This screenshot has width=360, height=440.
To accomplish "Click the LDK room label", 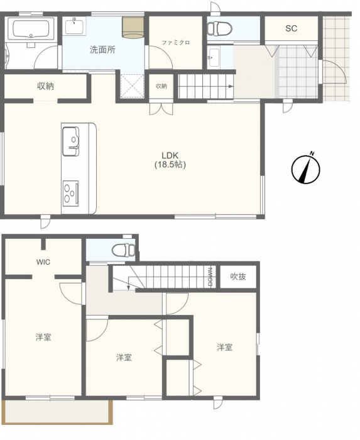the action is tap(170, 155).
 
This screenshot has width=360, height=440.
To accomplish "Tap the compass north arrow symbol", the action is tap(305, 169).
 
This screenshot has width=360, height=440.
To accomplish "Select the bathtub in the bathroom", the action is tap(31, 28).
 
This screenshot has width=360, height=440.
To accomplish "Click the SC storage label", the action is tap(291, 28).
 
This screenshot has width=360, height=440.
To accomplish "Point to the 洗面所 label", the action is tap(102, 50).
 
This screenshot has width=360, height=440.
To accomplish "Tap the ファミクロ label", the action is tap(176, 43).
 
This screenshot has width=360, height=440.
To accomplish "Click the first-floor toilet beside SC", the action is tap(219, 28).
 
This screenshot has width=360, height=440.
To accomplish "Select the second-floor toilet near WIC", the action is tap(124, 250).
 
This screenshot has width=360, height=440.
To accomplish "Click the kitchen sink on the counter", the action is tap(70, 141).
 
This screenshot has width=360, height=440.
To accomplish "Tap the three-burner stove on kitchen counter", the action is tap(70, 193).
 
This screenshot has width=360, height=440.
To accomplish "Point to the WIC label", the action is tap(43, 262).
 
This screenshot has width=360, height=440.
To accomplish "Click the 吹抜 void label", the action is tap(238, 277).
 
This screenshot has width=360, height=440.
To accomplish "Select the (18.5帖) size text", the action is tap(170, 165).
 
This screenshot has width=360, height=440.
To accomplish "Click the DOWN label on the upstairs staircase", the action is tap(210, 277).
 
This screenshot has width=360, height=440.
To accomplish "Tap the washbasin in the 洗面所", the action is tap(74, 26).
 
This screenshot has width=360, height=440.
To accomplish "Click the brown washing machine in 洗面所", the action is tap(133, 27).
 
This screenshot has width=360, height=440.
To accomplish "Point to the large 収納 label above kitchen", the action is tap(45, 86).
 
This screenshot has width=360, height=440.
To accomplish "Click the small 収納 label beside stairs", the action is tap(161, 86).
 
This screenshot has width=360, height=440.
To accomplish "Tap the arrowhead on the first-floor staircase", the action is tap(231, 86).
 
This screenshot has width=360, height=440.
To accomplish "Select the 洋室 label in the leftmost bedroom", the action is tap(43, 337).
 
